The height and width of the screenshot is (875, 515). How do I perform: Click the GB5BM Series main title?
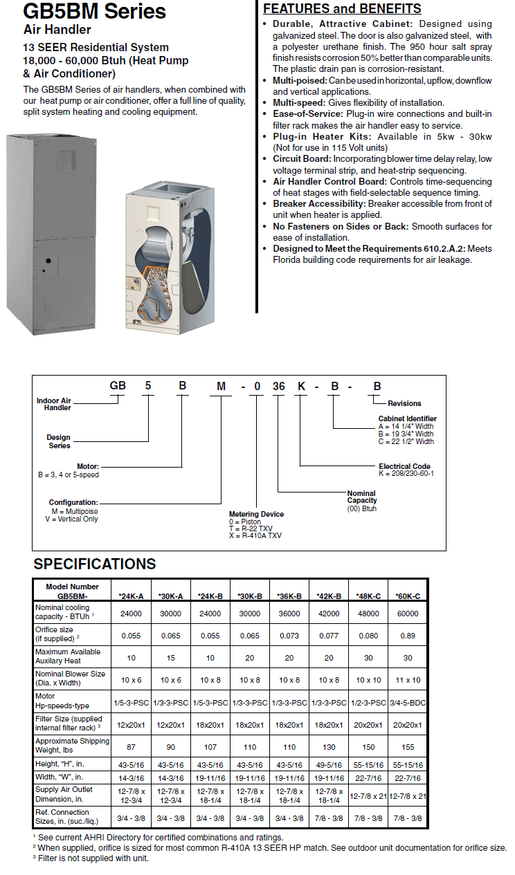(x=94, y=12)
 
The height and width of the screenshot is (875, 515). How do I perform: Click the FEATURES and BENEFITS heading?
(x=342, y=9)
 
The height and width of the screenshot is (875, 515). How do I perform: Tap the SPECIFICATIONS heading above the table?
(x=95, y=564)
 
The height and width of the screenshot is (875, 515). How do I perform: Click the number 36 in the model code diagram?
(x=278, y=387)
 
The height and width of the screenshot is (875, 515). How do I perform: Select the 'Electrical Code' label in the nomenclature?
(x=405, y=466)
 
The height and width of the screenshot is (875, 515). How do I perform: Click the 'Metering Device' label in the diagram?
(x=256, y=514)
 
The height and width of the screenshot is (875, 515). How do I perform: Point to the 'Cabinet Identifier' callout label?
(x=407, y=418)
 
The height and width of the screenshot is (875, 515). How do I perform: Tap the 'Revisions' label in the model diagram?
(x=404, y=403)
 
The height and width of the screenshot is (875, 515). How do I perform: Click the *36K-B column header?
(x=289, y=596)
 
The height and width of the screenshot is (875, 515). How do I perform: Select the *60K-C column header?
(x=408, y=596)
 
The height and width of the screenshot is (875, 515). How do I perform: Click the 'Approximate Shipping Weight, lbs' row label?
(x=72, y=746)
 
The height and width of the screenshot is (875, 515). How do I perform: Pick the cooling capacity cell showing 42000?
(x=329, y=613)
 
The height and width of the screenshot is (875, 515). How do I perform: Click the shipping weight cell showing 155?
(x=408, y=747)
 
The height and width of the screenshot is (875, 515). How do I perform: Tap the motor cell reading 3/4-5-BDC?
(x=408, y=703)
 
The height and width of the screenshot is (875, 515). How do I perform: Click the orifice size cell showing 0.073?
(x=289, y=635)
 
